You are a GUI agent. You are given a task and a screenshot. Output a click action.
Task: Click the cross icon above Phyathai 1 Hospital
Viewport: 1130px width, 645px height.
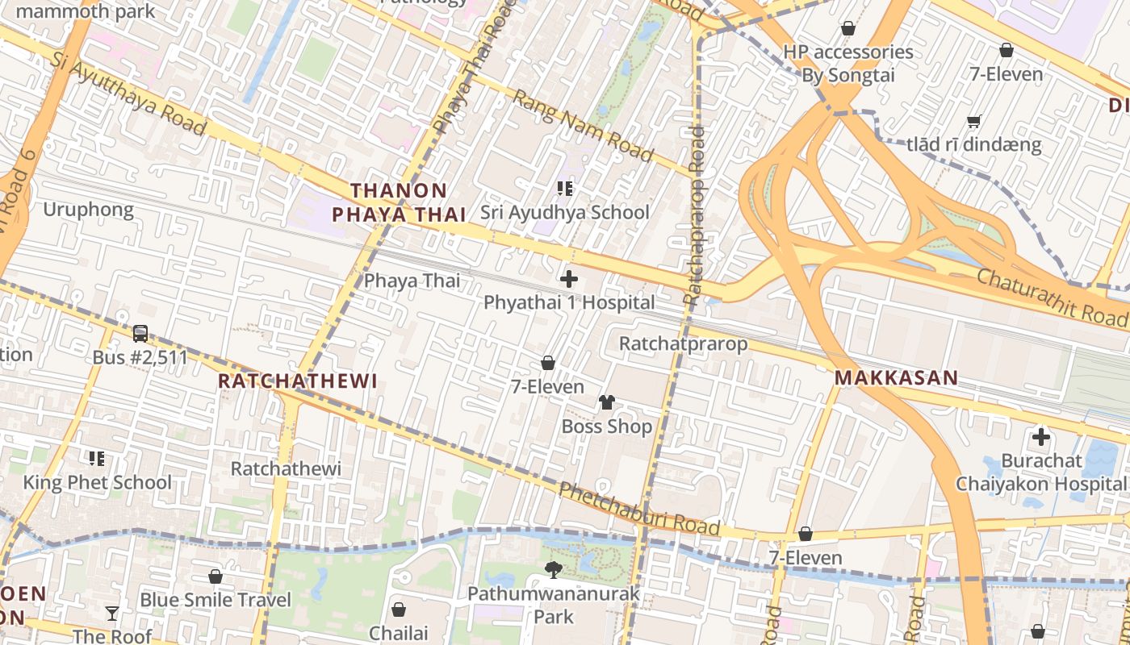569,280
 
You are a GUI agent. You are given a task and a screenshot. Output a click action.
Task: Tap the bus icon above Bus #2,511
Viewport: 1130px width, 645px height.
140,333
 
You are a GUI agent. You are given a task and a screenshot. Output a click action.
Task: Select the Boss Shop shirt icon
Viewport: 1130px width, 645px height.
607,402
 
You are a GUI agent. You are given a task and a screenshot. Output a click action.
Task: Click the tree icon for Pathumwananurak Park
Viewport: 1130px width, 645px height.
554,570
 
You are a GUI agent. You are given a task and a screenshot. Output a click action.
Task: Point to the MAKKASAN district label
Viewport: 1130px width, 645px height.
896,377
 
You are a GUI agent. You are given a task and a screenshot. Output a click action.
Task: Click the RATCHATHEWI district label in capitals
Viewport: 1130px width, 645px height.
299,381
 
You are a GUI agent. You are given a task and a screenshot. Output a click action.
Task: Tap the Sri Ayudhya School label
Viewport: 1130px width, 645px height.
565,213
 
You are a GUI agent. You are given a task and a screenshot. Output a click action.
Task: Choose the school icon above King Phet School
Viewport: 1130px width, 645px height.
97,459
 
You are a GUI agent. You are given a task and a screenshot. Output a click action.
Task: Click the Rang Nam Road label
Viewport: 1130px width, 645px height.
583,126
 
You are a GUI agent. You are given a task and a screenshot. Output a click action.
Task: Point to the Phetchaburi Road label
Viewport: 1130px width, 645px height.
638,509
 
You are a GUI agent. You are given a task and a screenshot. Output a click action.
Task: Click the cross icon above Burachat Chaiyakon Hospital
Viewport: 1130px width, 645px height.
1041,438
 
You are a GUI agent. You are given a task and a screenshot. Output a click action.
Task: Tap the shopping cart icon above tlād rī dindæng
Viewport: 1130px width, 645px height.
973,122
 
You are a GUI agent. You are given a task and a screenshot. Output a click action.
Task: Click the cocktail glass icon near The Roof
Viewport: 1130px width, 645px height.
112,614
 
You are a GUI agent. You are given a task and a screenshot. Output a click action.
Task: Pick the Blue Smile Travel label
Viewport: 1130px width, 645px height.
216,600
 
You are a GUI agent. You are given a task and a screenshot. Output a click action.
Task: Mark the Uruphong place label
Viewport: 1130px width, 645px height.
88,210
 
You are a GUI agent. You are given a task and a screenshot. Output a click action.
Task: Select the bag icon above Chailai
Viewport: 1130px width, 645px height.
398,609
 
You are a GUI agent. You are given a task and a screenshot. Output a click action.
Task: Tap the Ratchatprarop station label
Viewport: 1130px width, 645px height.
683,343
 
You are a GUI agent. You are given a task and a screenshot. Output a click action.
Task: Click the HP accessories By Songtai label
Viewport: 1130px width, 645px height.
848,64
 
